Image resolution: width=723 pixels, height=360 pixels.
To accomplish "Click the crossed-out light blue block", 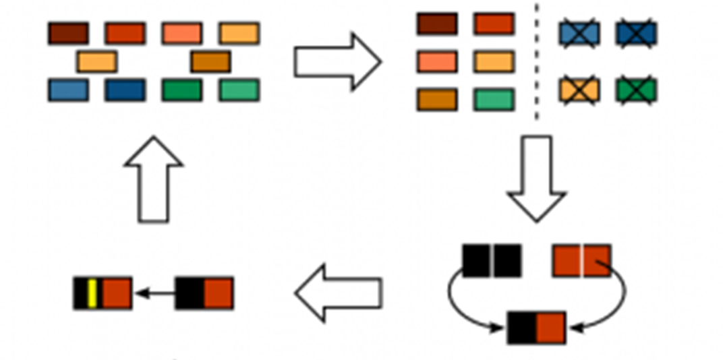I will [x=579, y=34].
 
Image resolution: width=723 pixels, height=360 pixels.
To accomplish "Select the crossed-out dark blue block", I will [x=636, y=34].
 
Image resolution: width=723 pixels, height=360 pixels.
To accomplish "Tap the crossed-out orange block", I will [x=579, y=90].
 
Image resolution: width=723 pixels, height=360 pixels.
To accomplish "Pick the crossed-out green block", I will [x=636, y=90].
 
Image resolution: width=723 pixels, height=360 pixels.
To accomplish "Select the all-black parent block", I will [x=492, y=261].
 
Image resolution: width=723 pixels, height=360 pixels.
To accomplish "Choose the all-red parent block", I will [x=582, y=261].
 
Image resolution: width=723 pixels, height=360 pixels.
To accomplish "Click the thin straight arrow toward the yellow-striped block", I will [x=154, y=293].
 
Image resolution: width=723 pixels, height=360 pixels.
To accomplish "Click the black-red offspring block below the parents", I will [x=536, y=328].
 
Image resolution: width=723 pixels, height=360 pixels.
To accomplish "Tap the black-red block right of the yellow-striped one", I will [x=204, y=293].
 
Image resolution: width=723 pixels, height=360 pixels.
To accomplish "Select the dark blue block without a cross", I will [x=125, y=90].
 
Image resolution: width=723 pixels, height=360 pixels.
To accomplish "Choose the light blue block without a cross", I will [x=68, y=90].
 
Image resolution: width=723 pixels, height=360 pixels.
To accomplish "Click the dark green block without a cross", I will [x=181, y=90].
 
